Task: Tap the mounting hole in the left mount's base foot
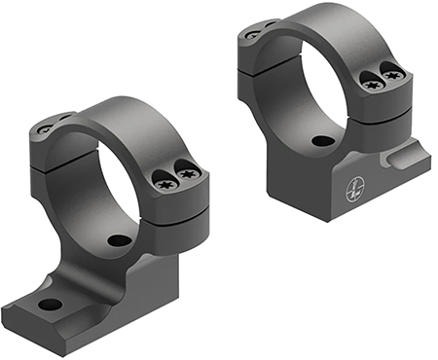[50, 305]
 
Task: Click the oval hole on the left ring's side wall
[120, 239]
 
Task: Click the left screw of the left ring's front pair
[163, 178]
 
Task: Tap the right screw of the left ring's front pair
[189, 173]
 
